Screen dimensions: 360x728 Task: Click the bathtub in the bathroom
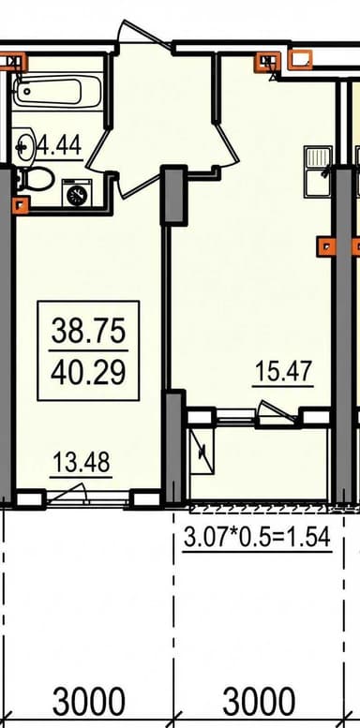coord(57,92)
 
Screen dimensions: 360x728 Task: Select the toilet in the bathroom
coord(34,178)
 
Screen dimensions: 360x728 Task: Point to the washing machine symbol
coord(77,193)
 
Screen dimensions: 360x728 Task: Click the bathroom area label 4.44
coord(59,146)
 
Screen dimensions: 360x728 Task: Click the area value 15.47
coord(283,372)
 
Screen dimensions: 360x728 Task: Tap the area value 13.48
coord(82,463)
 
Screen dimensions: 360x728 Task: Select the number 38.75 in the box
coord(88,332)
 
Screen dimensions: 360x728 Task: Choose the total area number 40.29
coord(88,372)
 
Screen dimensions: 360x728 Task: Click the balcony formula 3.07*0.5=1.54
coord(257,538)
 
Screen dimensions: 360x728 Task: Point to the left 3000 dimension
coord(88,702)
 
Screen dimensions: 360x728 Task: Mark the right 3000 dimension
coord(259,702)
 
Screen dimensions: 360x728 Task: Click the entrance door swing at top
coord(144,33)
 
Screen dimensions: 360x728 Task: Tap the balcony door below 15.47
coord(277,413)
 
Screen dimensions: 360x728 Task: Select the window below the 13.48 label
coord(87,499)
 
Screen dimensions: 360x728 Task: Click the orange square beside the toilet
coord(22,205)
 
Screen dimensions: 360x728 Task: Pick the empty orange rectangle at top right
coord(300,59)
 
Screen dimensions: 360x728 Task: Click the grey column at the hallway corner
coord(173,195)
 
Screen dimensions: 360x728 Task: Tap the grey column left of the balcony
coord(175,449)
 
